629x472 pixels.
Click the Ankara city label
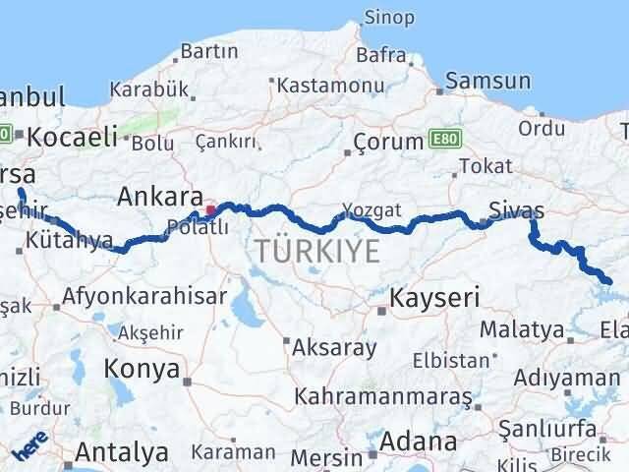(x=160, y=197)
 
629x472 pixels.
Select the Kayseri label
(x=434, y=297)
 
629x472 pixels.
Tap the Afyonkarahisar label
(x=144, y=295)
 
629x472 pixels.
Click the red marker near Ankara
(x=209, y=210)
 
